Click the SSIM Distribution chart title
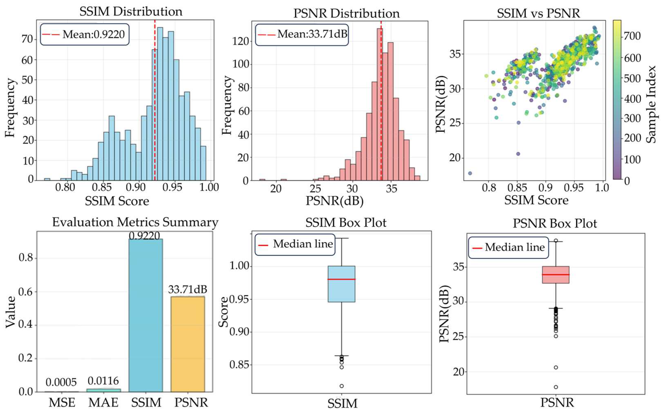pyautogui.click(x=131, y=11)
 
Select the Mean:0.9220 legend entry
pyautogui.click(x=84, y=34)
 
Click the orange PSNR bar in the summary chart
pyautogui.click(x=188, y=344)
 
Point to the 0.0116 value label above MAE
pyautogui.click(x=103, y=381)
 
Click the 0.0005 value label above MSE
pyautogui.click(x=61, y=382)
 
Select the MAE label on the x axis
pyautogui.click(x=103, y=403)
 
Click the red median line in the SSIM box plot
pyautogui.click(x=342, y=279)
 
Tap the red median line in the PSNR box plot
pyautogui.click(x=556, y=275)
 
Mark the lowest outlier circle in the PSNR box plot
pyautogui.click(x=556, y=387)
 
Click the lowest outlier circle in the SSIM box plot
pyautogui.click(x=342, y=386)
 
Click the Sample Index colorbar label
pyautogui.click(x=651, y=104)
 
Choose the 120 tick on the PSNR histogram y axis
pyautogui.click(x=240, y=41)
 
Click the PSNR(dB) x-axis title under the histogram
pyautogui.click(x=334, y=201)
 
